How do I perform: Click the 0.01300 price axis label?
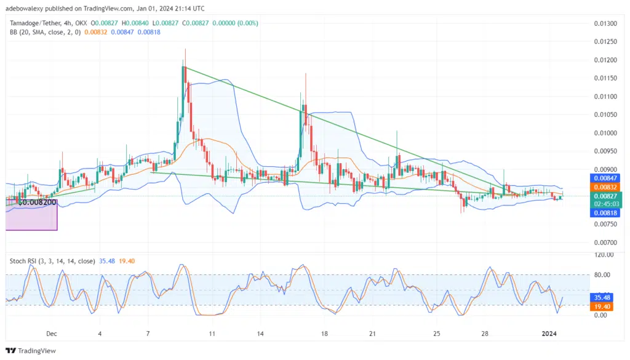coord(606,23)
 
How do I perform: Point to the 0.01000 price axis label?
coord(606,133)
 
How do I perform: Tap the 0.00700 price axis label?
coord(606,242)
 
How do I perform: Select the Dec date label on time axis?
coord(51,334)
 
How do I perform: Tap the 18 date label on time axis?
coord(324,334)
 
